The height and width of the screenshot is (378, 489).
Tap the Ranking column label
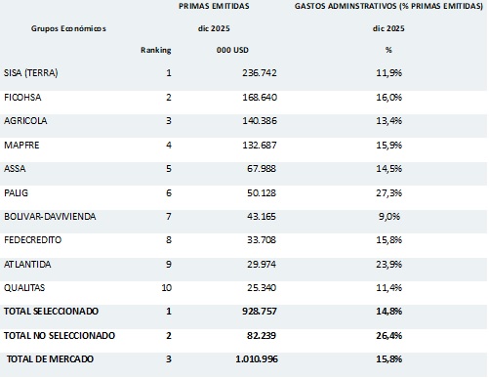point(155,49)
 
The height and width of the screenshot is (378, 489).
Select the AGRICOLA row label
point(26,121)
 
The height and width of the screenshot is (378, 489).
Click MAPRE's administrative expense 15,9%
point(389,146)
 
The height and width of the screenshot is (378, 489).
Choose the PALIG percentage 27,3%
point(389,193)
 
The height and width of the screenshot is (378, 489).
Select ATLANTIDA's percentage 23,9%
point(389,265)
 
